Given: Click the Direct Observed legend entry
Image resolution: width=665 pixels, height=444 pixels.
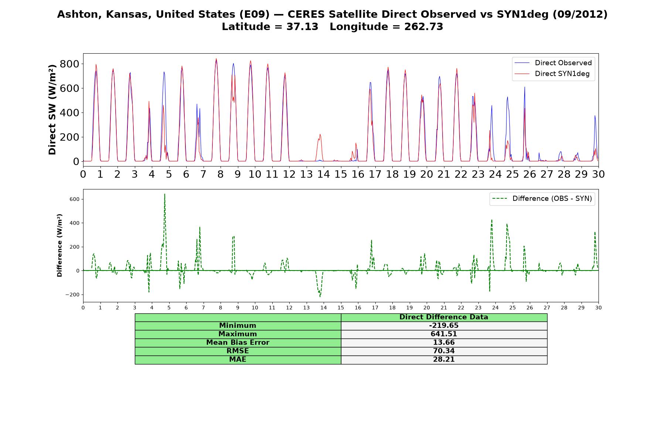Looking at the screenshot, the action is pos(553,63).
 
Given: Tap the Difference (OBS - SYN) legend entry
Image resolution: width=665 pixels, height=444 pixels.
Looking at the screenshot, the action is pos(542,199).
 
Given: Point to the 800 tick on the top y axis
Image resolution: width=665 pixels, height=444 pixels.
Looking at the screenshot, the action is pos(69,64).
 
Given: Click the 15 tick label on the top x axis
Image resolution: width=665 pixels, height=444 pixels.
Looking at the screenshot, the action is pos(341,174).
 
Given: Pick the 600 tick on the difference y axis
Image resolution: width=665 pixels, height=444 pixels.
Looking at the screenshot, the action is pos(74,199).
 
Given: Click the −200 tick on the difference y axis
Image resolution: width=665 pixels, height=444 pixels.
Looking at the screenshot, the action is pos(72,295).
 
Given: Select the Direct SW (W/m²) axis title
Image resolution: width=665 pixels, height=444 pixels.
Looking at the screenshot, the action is pos(52,110).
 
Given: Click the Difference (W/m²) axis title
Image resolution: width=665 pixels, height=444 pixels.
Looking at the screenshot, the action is pos(59,245).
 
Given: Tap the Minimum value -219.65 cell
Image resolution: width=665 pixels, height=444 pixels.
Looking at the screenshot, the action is pos(444,326).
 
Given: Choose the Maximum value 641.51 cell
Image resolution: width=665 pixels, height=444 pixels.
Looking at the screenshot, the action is pos(444,334).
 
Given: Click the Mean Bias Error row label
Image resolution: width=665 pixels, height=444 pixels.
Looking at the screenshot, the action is pos(238,343).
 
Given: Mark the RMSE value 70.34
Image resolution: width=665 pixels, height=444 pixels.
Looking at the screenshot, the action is pos(444,351).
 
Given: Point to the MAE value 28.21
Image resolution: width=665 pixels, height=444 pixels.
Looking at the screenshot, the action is pos(444,360).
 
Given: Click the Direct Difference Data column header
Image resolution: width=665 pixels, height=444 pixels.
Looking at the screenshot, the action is pos(444,317).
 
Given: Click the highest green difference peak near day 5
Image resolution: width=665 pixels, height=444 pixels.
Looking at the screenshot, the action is pos(165,194).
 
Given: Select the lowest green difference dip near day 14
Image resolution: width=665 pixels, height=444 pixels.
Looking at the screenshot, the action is pos(320,296).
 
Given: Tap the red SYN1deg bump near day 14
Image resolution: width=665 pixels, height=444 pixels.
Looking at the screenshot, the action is pos(320,135).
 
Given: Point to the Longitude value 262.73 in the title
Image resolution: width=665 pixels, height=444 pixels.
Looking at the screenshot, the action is pos(424,27).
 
